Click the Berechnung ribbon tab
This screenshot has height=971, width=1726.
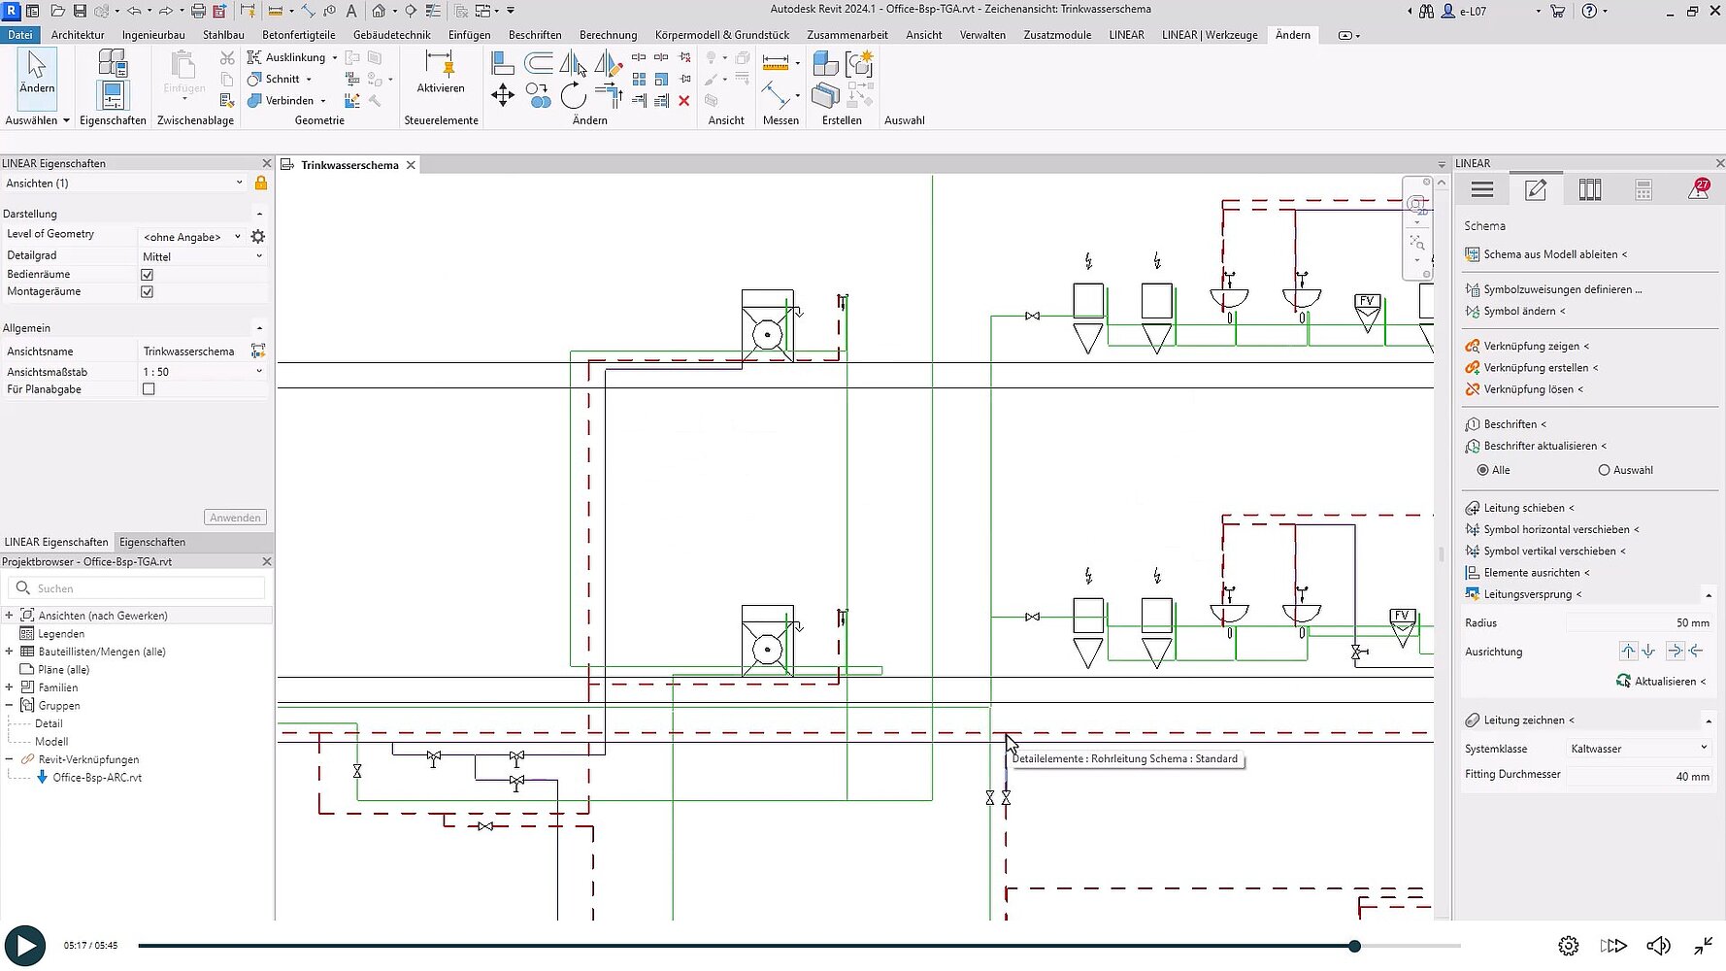608,35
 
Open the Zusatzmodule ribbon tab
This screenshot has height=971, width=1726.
1057,35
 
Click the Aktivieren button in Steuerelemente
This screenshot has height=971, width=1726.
441,72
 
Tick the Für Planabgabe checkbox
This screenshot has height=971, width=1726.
149,389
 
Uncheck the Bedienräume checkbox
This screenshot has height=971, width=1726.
148,275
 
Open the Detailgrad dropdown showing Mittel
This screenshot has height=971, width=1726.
203,256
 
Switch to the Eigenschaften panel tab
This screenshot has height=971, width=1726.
152,542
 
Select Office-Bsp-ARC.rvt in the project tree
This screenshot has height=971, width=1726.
97,778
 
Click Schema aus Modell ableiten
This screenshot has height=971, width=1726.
1550,254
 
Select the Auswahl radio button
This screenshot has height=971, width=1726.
1604,470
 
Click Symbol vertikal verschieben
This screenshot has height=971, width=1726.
1549,552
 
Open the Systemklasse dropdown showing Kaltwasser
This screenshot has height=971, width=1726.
1640,749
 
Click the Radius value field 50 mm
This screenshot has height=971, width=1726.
1640,623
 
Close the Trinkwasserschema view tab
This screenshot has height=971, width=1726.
411,165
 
